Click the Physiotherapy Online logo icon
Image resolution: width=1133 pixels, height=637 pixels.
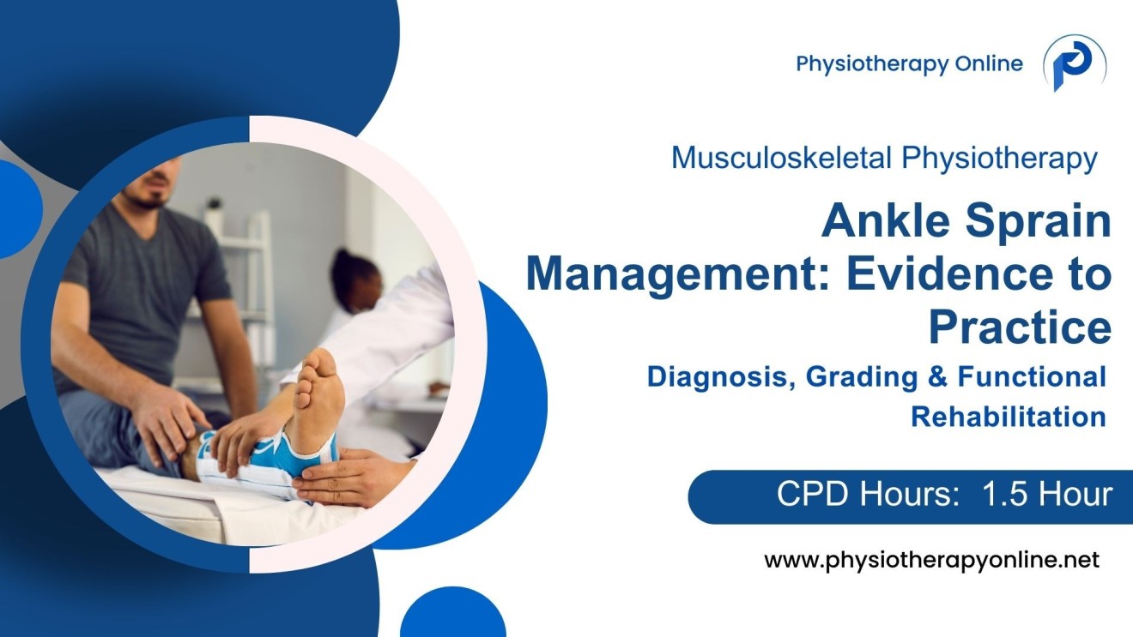click(1074, 63)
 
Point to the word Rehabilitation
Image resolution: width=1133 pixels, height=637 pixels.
click(1008, 417)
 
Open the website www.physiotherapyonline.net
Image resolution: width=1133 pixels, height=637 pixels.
click(931, 562)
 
